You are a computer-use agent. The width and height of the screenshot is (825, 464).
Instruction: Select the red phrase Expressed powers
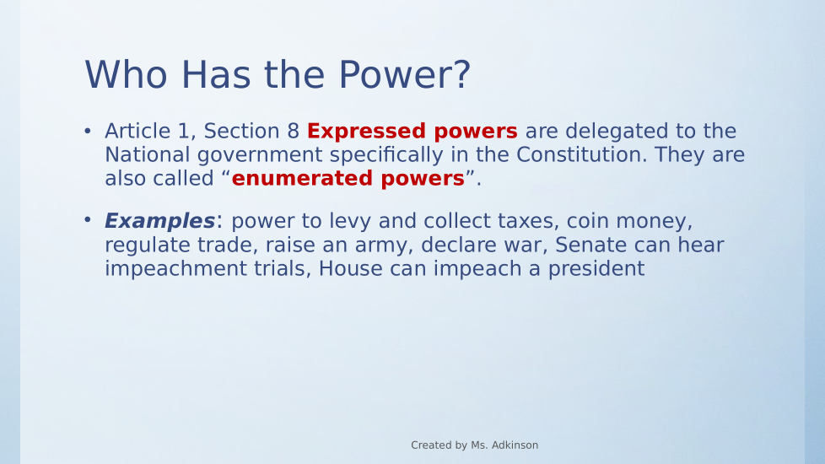[412, 132]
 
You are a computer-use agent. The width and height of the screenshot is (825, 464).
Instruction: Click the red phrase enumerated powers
[348, 178]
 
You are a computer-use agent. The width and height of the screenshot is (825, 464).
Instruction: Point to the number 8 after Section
[293, 131]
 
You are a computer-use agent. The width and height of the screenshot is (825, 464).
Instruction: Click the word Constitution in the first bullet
[581, 154]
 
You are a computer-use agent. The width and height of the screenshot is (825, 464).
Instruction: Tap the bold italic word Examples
[159, 221]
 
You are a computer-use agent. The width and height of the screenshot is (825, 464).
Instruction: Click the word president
[596, 269]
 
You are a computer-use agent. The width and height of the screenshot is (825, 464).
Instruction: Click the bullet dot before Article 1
[88, 131]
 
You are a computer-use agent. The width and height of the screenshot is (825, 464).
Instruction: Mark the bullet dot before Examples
[88, 220]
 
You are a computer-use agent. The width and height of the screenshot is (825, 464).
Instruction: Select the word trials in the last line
[283, 268]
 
